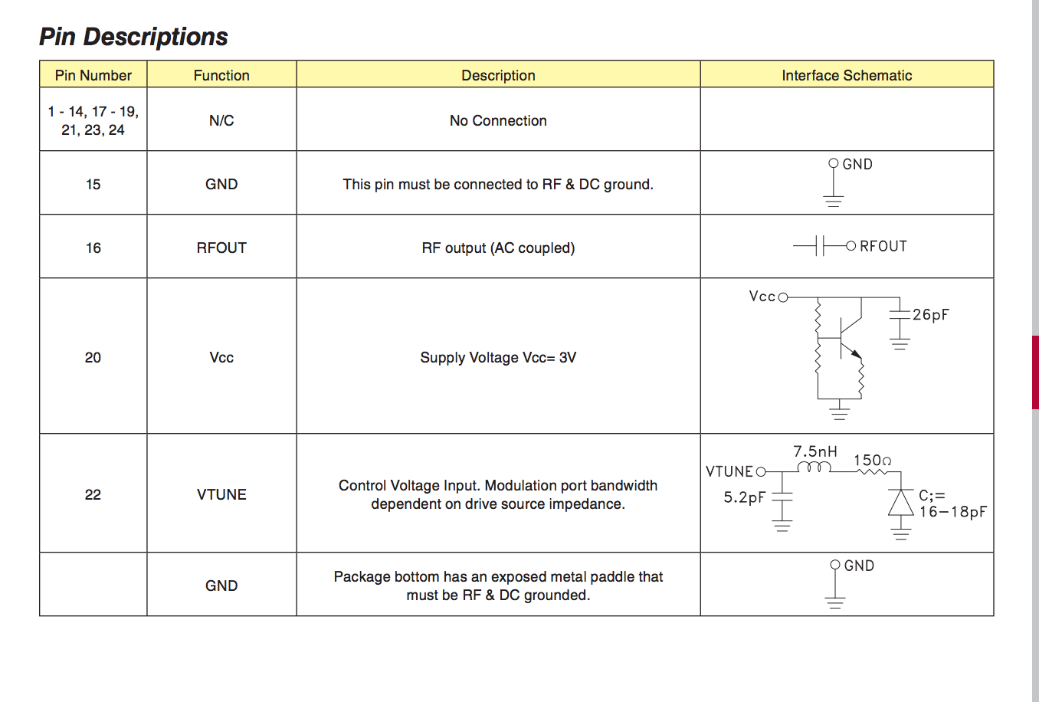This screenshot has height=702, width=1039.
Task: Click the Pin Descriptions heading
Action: (133, 37)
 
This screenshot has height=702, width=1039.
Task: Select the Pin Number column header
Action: (93, 75)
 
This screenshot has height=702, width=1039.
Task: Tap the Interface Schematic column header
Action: (847, 75)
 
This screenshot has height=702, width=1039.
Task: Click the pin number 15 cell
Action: (93, 184)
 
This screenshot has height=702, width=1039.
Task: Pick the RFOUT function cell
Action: (221, 248)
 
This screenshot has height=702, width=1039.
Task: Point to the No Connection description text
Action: (498, 120)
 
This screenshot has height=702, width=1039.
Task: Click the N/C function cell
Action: (221, 120)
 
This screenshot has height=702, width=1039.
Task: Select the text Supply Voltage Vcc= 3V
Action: (498, 357)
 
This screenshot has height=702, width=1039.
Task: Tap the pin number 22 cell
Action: (93, 494)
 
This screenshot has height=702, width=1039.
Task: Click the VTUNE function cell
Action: (221, 494)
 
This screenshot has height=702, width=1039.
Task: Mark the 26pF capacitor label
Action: (930, 315)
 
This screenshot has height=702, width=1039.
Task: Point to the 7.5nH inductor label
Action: (814, 451)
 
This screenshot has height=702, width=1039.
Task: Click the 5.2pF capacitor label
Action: (744, 497)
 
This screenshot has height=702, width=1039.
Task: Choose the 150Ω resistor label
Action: (872, 460)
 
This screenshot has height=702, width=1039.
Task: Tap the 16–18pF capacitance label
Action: (952, 512)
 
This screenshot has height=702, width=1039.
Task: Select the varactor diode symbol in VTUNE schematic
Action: (900, 504)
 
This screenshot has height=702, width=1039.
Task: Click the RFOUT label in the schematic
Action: (883, 246)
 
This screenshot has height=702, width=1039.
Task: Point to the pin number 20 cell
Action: (93, 357)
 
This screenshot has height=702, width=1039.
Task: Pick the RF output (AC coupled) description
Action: (498, 248)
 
